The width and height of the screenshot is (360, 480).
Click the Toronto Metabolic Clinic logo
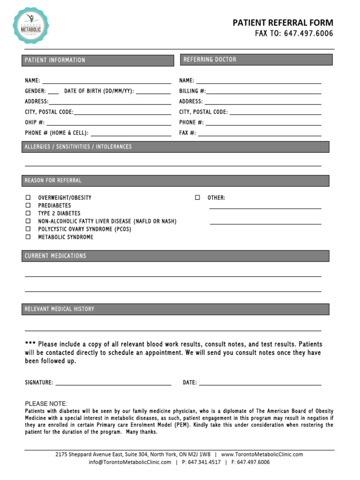31,25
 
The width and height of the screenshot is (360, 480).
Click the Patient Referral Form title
283,23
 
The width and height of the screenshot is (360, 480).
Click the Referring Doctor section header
256,60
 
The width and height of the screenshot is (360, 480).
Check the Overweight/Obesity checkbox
28,198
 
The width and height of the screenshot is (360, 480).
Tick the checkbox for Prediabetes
28,205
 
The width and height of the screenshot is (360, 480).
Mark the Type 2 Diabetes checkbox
28,213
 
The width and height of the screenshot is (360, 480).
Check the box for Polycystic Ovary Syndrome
28,229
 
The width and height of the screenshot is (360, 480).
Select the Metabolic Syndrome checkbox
28,237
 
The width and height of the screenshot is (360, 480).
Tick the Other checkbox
197,198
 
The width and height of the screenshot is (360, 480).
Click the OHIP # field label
35,122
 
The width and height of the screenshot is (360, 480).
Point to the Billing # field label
192,91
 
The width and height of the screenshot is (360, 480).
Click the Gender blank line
53,93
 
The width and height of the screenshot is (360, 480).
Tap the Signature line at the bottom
113,384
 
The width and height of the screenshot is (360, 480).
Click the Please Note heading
46,404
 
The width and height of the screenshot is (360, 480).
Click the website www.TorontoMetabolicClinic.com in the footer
262,454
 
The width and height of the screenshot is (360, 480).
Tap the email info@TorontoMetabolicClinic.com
130,462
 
